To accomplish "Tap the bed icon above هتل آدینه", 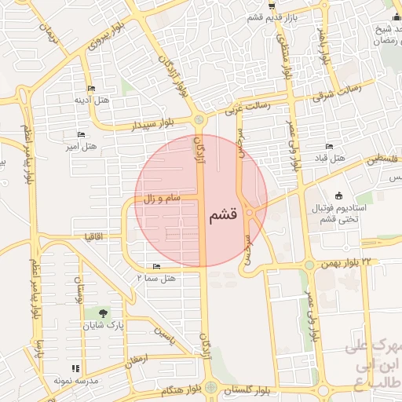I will tap(91, 88).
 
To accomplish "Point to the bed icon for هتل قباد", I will tap(329, 147).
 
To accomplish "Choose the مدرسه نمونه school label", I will tap(75, 380).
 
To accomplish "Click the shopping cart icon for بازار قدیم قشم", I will tap(271, 6).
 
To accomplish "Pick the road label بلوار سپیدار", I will tap(160, 123).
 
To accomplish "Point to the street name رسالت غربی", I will tap(247, 106).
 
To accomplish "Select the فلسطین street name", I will tap(384, 159).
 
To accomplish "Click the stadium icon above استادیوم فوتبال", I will tap(338, 195).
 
